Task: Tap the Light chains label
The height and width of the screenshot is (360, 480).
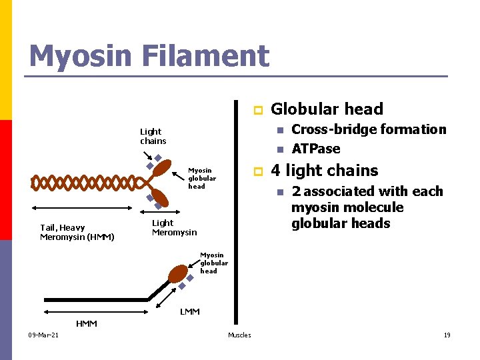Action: [x=153, y=136]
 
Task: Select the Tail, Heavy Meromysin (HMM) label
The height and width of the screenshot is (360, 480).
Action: [x=77, y=233]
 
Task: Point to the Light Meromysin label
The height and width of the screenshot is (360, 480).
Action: [x=174, y=227]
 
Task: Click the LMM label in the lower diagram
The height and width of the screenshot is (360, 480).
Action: [x=190, y=311]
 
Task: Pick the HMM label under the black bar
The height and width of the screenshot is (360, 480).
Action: [x=86, y=324]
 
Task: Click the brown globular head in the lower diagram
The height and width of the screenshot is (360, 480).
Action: [x=178, y=274]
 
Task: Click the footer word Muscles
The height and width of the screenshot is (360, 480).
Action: [x=239, y=335]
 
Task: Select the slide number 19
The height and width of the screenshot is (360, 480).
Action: [x=447, y=335]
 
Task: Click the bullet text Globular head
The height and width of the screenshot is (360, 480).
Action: [x=327, y=109]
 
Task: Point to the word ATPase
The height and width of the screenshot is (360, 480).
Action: [x=316, y=149]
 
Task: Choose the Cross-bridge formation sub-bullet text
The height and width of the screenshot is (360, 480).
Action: [x=369, y=129]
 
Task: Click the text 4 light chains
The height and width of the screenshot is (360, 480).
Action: [x=324, y=171]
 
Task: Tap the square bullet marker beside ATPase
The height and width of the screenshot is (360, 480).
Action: [x=280, y=149]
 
